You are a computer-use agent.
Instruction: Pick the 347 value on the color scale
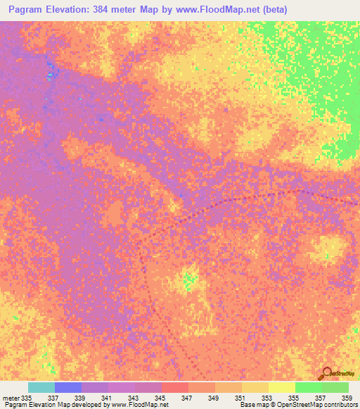[x=186, y=398]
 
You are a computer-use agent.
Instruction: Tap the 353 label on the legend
[x=266, y=398]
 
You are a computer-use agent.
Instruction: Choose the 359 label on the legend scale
[x=345, y=398]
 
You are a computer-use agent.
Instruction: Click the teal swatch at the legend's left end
[x=41, y=387]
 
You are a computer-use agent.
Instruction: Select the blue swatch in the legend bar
[x=67, y=387]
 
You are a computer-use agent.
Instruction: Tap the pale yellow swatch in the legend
[x=281, y=387]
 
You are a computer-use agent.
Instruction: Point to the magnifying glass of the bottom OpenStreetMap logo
[x=326, y=372]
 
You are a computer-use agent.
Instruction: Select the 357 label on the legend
[x=319, y=398]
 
